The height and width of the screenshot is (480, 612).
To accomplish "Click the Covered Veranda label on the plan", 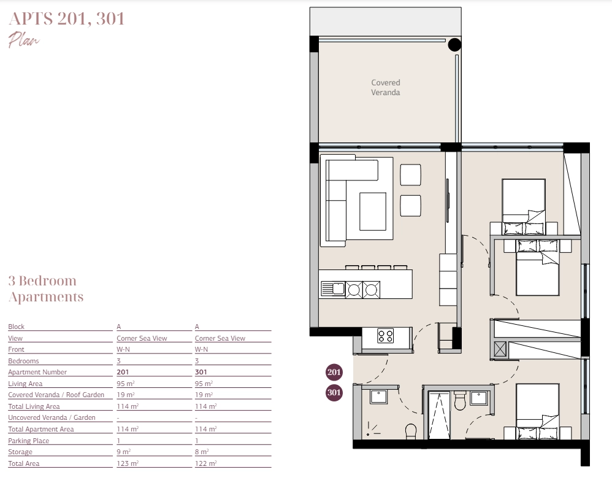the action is point(385,88).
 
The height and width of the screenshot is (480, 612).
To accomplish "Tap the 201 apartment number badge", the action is point(334,372).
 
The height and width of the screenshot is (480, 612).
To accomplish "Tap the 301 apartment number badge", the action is point(334,392).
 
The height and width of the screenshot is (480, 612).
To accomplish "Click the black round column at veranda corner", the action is point(454,45).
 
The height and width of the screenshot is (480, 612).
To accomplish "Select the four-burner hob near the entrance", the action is point(385,336).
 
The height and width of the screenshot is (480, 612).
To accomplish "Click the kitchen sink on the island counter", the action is point(333,289).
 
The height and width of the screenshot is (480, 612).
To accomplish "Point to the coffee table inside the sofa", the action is point(372,211).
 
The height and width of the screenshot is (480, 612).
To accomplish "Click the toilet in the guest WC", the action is point(411,431).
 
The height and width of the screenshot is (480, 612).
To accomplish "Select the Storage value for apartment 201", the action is point(123,452).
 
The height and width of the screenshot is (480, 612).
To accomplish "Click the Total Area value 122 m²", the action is point(205,463).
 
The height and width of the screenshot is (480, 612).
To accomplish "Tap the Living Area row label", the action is point(25,384).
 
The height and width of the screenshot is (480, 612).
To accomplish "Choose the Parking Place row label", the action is point(28,441).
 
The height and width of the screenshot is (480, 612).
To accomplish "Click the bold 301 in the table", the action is point(201,372).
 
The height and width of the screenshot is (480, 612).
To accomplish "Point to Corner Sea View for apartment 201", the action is point(142,338).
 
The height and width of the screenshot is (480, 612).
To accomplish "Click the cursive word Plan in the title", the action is point(24,40).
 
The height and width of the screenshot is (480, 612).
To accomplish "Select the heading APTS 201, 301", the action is point(66,19).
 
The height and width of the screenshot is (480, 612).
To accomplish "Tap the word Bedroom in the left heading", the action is point(48,281).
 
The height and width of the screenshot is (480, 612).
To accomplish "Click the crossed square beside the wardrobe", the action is point(500,349).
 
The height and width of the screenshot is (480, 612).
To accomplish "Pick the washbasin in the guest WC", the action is point(378,397).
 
